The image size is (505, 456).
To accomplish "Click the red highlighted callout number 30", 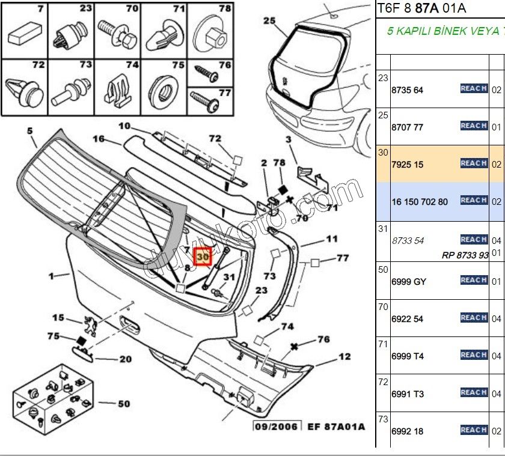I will [x=203, y=256].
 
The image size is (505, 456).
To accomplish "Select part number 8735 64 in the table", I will [x=407, y=90].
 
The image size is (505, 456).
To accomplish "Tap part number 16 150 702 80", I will [x=419, y=202].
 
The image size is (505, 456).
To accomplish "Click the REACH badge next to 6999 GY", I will [x=473, y=281].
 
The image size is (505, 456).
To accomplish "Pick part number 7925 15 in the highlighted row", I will [x=407, y=164].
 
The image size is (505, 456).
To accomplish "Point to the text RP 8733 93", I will [x=465, y=255].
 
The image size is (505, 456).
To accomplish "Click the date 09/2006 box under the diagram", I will [x=277, y=427].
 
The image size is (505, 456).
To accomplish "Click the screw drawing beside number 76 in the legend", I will [x=206, y=74].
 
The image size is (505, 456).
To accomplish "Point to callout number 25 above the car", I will [x=269, y=20].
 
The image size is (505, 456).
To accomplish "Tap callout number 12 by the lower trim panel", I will [x=344, y=357].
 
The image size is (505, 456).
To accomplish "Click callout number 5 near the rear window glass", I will [x=30, y=130].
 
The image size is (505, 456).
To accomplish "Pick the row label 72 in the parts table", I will [x=383, y=382].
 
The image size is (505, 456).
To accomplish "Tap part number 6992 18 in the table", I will [x=407, y=431].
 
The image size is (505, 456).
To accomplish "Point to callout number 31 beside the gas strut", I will [x=228, y=277].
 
